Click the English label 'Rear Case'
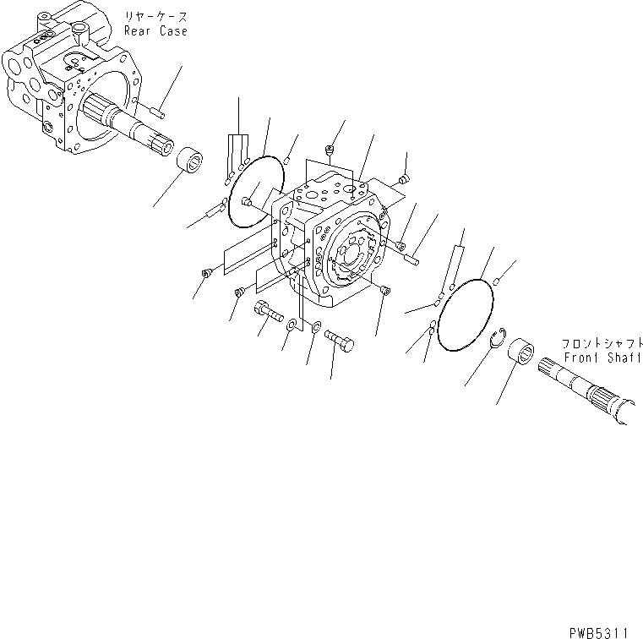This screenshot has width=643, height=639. coord(155,31)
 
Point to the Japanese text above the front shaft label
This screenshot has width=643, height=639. coord(600,344)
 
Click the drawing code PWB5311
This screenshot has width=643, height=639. coord(604,630)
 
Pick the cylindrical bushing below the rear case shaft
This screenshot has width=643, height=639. coord(192,161)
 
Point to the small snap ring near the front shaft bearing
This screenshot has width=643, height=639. coord(499,341)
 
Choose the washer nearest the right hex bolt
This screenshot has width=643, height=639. coord(315,328)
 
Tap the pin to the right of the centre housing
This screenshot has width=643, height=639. coord(411,258)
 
